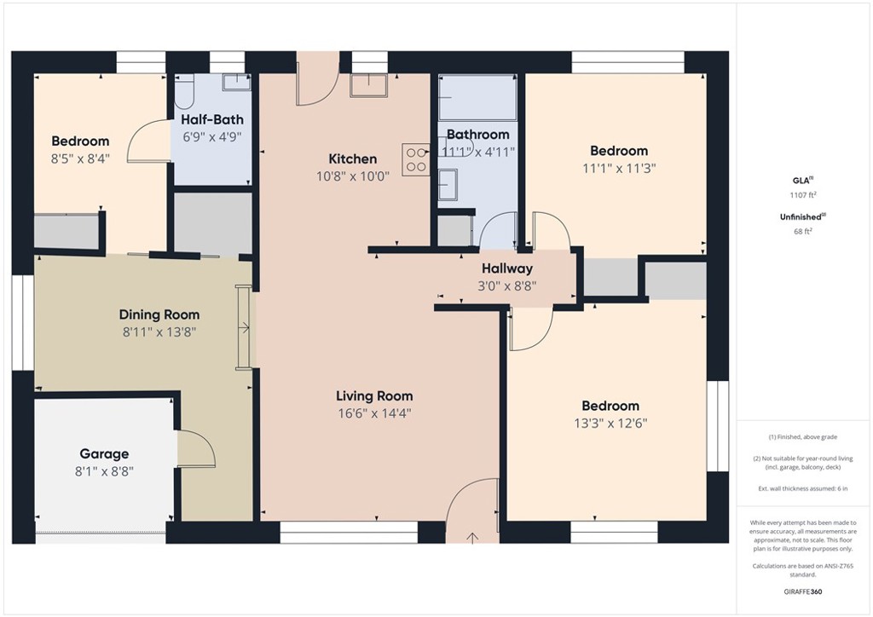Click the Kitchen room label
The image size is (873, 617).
pos(352,159)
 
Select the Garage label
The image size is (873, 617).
pos(104,454)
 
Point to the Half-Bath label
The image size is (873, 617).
pos(212,119)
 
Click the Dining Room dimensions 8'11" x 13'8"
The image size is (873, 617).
pos(159,332)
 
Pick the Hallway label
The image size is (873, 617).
pos(506,269)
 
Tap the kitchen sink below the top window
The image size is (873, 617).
pos(368,83)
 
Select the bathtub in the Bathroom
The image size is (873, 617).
pos(477,98)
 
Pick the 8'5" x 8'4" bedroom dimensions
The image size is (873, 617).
pos(80,158)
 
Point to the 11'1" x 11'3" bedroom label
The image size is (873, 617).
pos(616,151)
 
